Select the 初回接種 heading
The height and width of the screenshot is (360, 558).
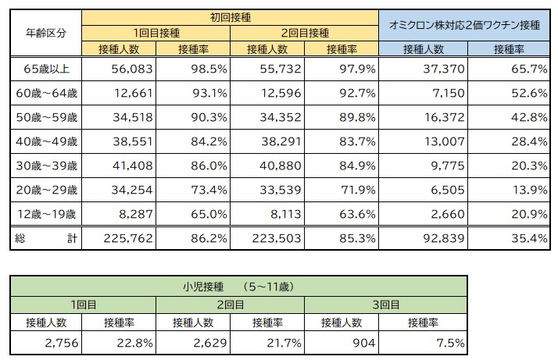[230, 16]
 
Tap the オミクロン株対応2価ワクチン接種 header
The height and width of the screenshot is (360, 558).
[464, 25]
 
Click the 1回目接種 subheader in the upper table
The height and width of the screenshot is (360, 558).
[156, 33]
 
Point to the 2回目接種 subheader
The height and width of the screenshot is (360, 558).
[304, 33]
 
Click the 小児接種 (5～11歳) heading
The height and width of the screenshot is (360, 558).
[239, 286]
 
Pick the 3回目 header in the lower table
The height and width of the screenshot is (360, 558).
[386, 304]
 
